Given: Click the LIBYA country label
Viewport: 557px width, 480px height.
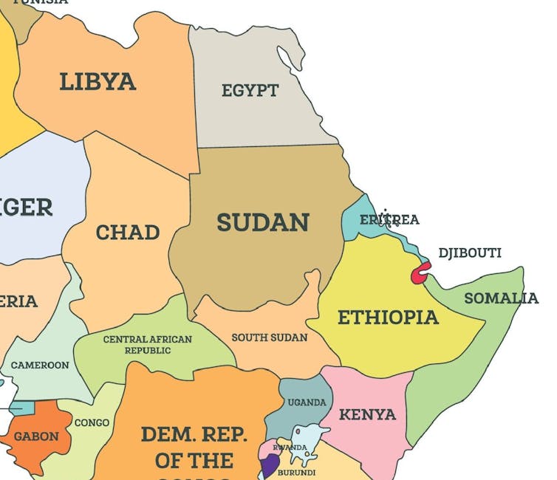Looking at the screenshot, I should tap(98, 81).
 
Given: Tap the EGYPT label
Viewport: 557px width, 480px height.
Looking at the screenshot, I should tap(250, 91).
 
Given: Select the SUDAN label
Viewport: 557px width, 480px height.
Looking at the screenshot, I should tap(262, 222).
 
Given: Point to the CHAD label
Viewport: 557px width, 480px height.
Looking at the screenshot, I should tap(128, 233).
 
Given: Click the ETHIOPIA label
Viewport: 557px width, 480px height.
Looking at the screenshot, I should tap(388, 318).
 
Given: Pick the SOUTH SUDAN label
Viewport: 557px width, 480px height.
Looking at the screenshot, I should tap(270, 337).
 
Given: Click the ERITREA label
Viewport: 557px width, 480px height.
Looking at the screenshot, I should tap(389, 219).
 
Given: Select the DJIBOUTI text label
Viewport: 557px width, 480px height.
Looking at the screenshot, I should tap(470, 253).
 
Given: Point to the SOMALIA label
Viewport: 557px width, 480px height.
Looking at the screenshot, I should tap(501, 298).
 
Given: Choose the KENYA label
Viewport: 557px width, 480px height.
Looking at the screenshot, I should tap(367, 414).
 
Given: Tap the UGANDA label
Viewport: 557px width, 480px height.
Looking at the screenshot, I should tap(307, 402).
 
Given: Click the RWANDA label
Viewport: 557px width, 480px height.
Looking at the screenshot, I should tap(290, 448).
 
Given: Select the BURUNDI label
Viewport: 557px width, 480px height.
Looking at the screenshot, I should tap(296, 473).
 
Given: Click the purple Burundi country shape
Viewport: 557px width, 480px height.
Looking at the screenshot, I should tap(270, 465).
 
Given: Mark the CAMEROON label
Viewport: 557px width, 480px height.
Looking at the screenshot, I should tap(40, 365).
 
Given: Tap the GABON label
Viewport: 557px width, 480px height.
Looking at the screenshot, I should tap(36, 436).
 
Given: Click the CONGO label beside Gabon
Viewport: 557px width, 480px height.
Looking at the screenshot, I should tap(92, 423).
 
